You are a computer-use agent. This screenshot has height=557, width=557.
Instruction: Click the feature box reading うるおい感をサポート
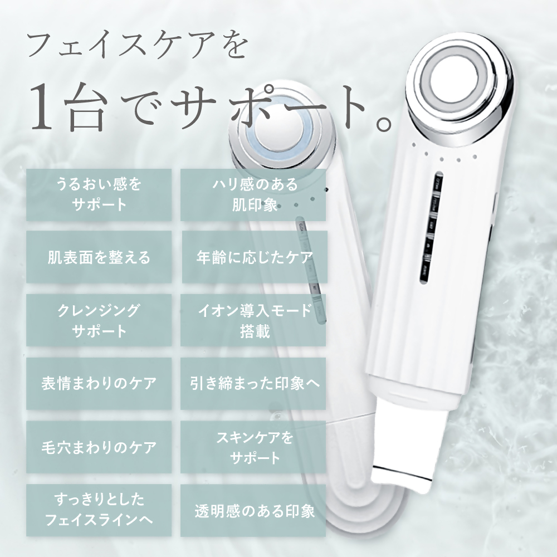[99, 194]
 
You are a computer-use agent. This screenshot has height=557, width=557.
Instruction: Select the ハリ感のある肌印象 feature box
[253, 194]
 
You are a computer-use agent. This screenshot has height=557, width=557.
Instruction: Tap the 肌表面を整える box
[99, 257]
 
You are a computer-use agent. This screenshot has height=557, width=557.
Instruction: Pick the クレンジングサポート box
[99, 320]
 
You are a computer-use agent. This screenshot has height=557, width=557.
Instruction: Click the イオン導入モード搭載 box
[253, 320]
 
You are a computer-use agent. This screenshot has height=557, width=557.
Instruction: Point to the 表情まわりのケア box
[99, 384]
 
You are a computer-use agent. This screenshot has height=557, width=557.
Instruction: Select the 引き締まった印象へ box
[253, 384]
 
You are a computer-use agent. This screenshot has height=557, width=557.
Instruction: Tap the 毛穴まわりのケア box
[99, 447]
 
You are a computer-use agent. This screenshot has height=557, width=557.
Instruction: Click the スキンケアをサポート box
[253, 447]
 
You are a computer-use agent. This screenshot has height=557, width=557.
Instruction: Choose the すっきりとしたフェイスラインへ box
[99, 510]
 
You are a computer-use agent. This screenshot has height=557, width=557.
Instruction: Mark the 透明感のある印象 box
[253, 510]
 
